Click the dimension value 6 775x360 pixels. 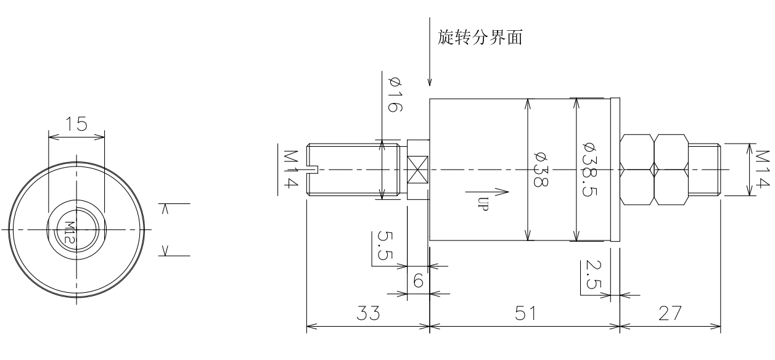(417, 281)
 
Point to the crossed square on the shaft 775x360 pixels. (418, 169)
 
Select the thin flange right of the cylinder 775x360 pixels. (614, 170)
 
